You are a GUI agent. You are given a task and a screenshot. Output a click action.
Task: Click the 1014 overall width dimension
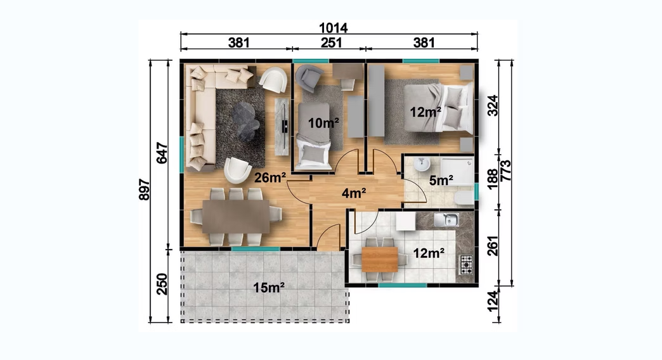coord(333,28)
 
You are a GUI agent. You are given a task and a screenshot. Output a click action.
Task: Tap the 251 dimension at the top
coord(332,42)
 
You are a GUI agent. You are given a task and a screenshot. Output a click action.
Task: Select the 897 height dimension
coord(145,190)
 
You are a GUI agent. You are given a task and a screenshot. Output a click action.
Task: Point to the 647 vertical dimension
coord(162,153)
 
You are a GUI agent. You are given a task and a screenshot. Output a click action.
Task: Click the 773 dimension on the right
coord(505,170)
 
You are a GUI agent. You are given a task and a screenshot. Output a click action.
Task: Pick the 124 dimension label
coord(493,301)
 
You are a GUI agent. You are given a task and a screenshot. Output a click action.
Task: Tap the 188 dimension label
coord(493,179)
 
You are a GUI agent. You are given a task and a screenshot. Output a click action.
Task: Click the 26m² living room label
coord(270,177)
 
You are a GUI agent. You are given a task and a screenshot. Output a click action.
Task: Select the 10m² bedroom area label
coord(323,123)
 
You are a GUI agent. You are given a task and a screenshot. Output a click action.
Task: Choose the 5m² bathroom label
coord(441,181)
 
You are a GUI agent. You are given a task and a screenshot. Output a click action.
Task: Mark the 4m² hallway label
coord(354,193)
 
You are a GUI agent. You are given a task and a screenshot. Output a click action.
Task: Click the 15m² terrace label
coord(269,288)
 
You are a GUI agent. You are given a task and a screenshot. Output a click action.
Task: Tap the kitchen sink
coord(446,220)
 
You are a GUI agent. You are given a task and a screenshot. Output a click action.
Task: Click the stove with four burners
coord(465,265)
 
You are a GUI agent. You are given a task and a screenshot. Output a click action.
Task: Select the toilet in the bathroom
coord(464,198)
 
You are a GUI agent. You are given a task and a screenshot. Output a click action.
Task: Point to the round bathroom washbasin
coord(422,164)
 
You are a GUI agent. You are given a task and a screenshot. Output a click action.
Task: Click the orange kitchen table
coord(380,260)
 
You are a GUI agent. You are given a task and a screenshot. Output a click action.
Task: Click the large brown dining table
coord(236,217)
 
